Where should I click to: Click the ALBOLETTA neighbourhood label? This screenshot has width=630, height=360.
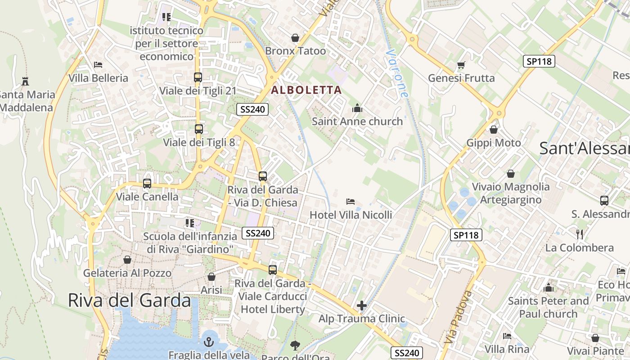[306, 90]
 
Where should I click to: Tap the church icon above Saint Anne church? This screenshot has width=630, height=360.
[357, 108]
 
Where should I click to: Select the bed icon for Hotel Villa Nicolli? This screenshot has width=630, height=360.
[351, 202]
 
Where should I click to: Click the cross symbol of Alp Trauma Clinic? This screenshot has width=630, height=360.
[362, 306]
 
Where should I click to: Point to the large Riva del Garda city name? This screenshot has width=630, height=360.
[130, 300]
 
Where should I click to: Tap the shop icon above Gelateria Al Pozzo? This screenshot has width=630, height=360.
[127, 260]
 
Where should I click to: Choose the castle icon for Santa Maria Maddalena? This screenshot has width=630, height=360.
[25, 81]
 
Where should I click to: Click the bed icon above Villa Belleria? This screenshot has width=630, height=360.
[98, 65]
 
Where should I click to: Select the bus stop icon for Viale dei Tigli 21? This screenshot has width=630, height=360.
[198, 77]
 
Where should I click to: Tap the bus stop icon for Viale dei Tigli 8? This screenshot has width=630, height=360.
[199, 129]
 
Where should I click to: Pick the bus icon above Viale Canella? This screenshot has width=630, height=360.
[147, 184]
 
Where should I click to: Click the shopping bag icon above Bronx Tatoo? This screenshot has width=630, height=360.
[295, 38]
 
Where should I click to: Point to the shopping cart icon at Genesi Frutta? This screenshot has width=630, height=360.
[461, 65]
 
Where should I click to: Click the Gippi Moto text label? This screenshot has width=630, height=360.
[494, 143]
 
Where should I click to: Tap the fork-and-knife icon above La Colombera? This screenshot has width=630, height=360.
[580, 234]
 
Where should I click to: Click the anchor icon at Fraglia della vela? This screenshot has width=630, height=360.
[208, 342]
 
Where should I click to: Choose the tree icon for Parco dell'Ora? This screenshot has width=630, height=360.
[295, 346]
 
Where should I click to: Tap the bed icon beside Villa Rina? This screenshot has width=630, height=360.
[507, 336]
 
